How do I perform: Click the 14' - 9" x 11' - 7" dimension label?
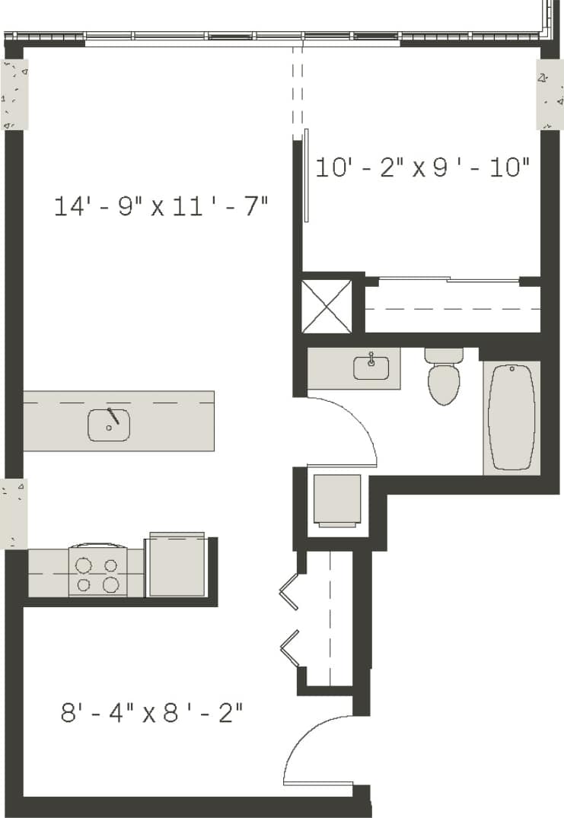(x=161, y=206)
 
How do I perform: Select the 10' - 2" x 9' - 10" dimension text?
(x=422, y=167)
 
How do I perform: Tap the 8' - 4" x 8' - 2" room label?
(x=152, y=713)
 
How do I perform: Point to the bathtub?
(x=511, y=417)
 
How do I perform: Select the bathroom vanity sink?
(x=371, y=368)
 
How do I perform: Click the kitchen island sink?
(x=108, y=425)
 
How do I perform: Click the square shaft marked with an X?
(x=327, y=306)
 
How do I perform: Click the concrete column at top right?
(x=550, y=94)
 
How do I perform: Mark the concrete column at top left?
(x=14, y=94)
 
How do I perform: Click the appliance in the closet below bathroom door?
(x=337, y=499)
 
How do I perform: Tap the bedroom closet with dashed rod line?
(x=452, y=309)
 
